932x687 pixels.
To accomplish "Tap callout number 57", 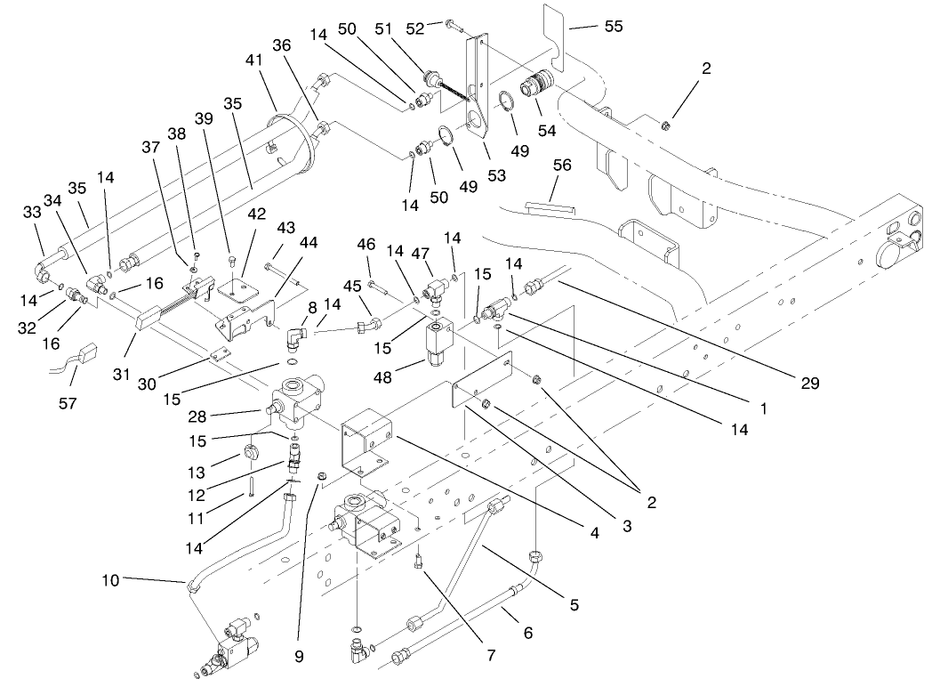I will coord(68,403).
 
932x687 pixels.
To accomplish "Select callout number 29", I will coord(808,384).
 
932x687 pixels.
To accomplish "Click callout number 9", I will coord(300,657).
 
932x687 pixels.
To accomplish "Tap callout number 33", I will coord(32,214).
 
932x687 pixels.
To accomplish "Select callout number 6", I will coord(528,633).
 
